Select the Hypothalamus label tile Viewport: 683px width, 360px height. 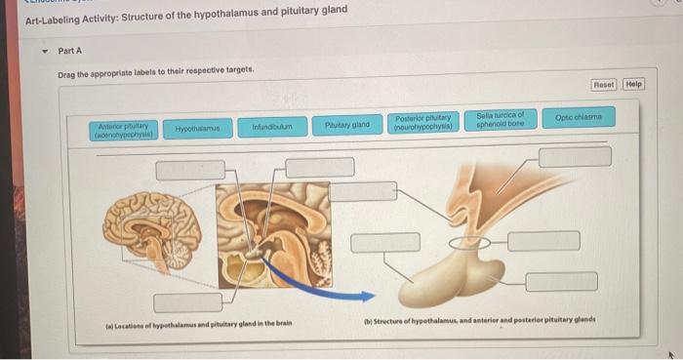(197, 128)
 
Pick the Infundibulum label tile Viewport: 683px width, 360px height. (272, 127)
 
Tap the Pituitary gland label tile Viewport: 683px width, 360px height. (347, 125)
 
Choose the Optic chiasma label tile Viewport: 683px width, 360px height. (579, 117)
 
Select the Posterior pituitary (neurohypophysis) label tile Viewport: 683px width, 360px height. (422, 123)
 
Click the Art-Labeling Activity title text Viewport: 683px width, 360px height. (185, 10)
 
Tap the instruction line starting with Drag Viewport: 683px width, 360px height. (156, 70)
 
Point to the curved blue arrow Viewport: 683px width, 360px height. (298, 274)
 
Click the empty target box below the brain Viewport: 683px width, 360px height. (186, 302)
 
